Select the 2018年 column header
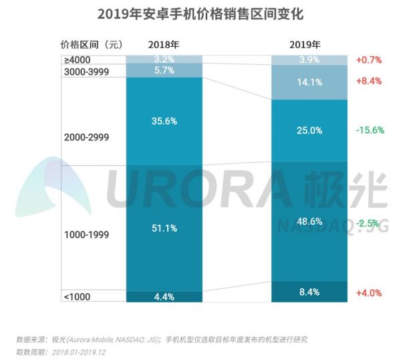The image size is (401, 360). [x=164, y=45]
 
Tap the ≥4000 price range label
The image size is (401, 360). [x=78, y=60]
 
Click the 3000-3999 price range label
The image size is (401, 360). [x=86, y=71]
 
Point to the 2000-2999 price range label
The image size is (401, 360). [x=86, y=137]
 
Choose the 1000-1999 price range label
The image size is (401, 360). [x=86, y=235]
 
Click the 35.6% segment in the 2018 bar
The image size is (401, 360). [x=164, y=121]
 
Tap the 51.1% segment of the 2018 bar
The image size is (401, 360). [x=164, y=228]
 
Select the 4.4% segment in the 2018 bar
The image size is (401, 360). [x=164, y=296]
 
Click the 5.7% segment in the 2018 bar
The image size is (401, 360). [x=164, y=70]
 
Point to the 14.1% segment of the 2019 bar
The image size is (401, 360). [x=309, y=83]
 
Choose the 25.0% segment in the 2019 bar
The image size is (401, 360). [x=309, y=130]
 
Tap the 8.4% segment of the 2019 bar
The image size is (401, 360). [x=309, y=292]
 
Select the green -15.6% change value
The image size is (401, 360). [x=370, y=130]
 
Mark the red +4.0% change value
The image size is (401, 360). [x=369, y=292]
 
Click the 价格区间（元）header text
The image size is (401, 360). [x=92, y=45]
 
